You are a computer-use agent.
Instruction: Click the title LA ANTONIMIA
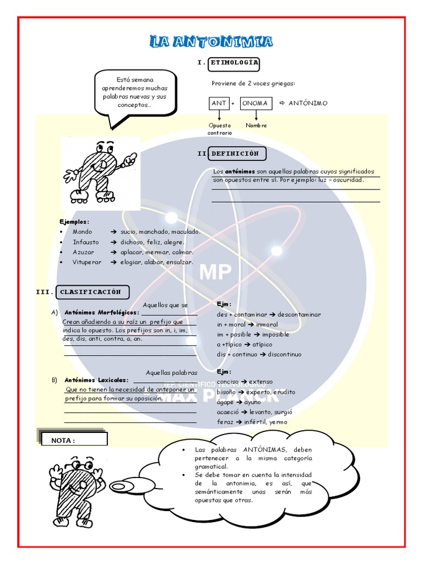[211, 42]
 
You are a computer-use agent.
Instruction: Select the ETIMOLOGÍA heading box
[234, 63]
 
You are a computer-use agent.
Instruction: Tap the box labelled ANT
[219, 103]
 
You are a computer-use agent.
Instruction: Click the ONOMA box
[255, 103]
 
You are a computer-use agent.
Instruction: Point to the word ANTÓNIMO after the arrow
[308, 103]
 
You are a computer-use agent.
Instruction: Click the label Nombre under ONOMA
[256, 126]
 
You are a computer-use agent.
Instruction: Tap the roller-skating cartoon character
[98, 171]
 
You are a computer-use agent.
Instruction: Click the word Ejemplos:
[74, 221]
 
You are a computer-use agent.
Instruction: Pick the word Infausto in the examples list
[86, 242]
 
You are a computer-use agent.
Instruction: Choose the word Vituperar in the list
[87, 262]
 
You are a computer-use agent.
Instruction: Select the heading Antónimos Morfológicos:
[102, 312]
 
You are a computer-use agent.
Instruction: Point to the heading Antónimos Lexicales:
[96, 380]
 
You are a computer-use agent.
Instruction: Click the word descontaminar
[299, 314]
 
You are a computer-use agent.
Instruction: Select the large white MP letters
[215, 272]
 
